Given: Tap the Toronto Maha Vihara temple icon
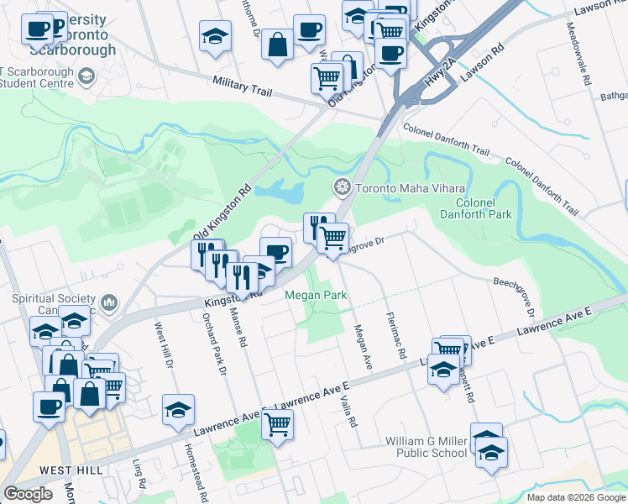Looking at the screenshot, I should (341, 186).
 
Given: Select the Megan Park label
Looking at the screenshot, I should (315, 295).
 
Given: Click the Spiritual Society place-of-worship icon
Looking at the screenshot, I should (108, 302).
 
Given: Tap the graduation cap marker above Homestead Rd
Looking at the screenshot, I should (178, 410).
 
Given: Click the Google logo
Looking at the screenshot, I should (28, 494).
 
